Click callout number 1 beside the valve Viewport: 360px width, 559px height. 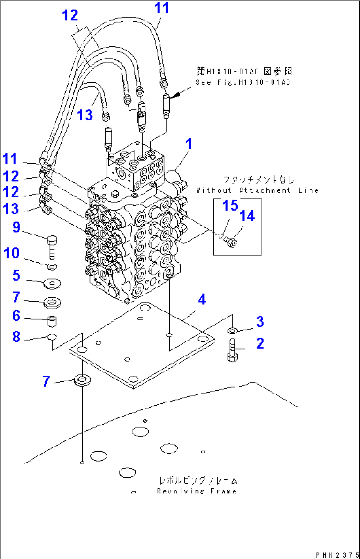coord(189,144)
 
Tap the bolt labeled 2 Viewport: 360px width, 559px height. coord(233,350)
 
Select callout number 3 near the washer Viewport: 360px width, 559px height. coord(260,321)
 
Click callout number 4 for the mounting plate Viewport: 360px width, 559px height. coord(202,299)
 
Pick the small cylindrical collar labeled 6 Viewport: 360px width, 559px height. coord(52,321)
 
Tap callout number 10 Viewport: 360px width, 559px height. coord(12,253)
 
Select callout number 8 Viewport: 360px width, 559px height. coord(16,337)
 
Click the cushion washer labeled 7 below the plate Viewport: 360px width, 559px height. coord(82,380)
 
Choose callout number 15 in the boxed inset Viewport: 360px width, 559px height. coord(230,205)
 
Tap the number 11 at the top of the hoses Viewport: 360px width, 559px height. coord(162,8)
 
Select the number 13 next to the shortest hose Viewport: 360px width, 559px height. coord(85,115)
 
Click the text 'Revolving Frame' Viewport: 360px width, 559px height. coord(197,491)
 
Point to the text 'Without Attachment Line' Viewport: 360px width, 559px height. coord(257,190)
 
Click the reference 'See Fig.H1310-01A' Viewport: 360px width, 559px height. coord(243,82)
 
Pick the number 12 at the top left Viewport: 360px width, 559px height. coord(70,15)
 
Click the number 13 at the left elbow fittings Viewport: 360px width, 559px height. coord(11,209)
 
